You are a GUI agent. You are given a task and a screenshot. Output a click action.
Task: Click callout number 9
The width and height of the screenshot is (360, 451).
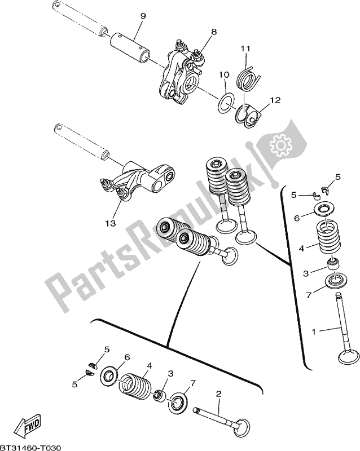point(142,16)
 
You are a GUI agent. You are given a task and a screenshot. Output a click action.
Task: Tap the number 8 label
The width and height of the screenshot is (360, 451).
point(214,32)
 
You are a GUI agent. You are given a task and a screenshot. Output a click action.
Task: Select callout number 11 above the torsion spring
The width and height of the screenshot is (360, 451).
point(244,50)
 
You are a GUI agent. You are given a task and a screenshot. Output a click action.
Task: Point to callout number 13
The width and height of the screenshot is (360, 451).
point(109,223)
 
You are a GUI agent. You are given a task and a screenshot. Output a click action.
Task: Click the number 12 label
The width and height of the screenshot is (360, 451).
point(275,101)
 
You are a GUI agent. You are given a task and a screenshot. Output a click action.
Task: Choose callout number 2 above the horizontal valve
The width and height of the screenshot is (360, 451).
point(219,394)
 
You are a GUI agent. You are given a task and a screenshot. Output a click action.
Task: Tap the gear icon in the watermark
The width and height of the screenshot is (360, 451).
point(280,145)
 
